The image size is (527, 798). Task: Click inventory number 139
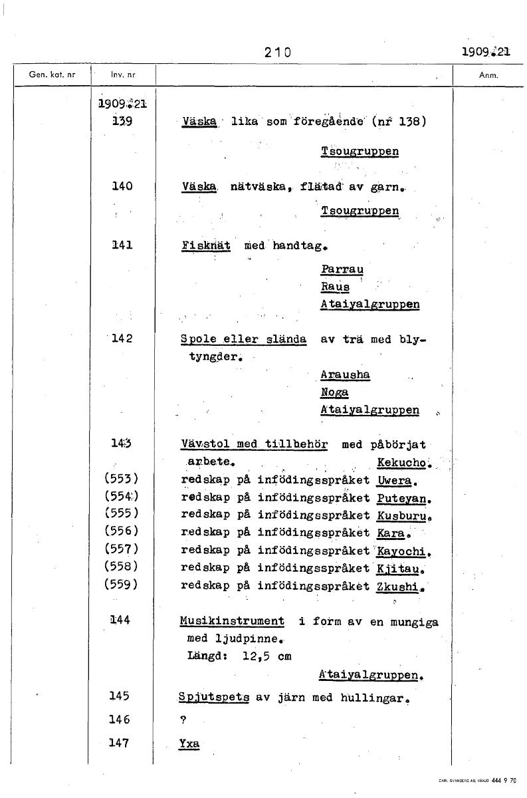pyautogui.click(x=121, y=121)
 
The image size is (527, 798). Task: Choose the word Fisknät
pyautogui.click(x=205, y=245)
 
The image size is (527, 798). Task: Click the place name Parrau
pyautogui.click(x=342, y=269)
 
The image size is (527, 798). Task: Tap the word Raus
pyautogui.click(x=335, y=287)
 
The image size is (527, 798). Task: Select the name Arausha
pyautogui.click(x=345, y=374)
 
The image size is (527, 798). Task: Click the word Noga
pyautogui.click(x=334, y=392)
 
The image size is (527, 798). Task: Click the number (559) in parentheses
pyautogui.click(x=121, y=586)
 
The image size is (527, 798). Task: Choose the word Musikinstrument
pyautogui.click(x=232, y=621)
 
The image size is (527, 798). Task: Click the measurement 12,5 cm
pyautogui.click(x=266, y=656)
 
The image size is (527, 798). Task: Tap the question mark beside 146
pyautogui.click(x=182, y=720)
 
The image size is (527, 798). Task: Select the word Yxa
pyautogui.click(x=189, y=743)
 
